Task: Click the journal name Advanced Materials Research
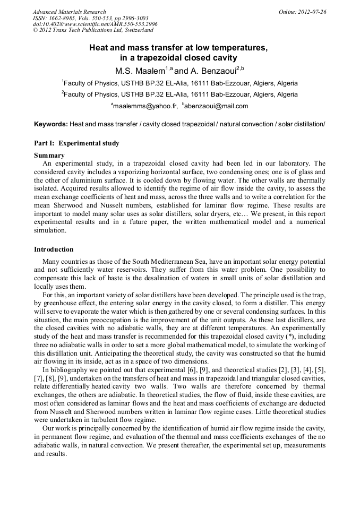pos(69,12)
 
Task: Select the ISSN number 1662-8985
pos(63,18)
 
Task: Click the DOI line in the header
pos(95,24)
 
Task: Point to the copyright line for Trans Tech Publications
pos(93,31)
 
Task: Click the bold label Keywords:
pos(51,124)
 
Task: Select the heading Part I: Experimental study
pos(76,143)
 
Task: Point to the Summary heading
pos(49,156)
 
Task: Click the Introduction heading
pos(54,249)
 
